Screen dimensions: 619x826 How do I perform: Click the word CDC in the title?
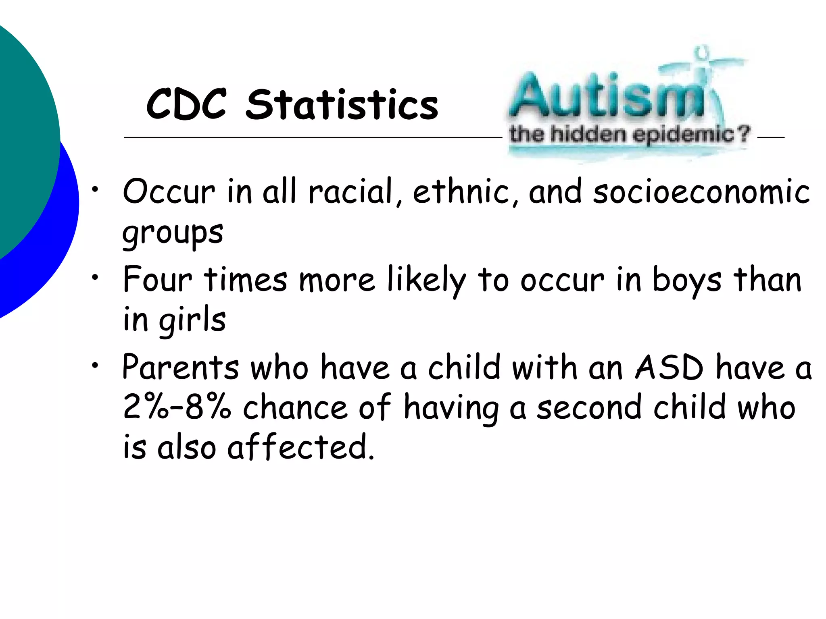pyautogui.click(x=186, y=104)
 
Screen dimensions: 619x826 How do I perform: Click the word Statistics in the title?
pyautogui.click(x=342, y=104)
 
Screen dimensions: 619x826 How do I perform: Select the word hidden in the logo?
pyautogui.click(x=589, y=134)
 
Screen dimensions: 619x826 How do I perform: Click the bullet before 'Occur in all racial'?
pyautogui.click(x=95, y=189)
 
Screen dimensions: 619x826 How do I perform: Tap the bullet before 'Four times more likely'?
pyautogui.click(x=95, y=277)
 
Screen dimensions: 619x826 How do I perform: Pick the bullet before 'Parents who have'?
pyautogui.click(x=95, y=365)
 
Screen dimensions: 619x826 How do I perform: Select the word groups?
pyautogui.click(x=173, y=234)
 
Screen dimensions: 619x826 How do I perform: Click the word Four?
pyautogui.click(x=158, y=280)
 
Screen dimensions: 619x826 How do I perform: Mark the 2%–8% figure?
pyautogui.click(x=177, y=407)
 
